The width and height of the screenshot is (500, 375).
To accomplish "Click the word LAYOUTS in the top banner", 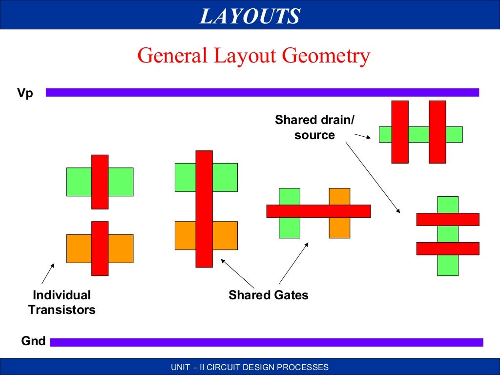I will [x=250, y=17].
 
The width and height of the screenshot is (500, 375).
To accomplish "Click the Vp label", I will [x=25, y=93].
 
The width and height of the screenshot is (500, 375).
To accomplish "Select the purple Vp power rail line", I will [x=262, y=92].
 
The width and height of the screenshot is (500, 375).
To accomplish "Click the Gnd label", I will [x=33, y=341].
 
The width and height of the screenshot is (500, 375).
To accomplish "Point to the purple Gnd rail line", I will [x=266, y=342].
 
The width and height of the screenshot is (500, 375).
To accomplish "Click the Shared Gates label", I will [x=268, y=295].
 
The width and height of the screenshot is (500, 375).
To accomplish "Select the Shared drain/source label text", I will [x=314, y=127].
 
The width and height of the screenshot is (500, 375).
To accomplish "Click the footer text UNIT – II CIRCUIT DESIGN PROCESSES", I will [x=250, y=367].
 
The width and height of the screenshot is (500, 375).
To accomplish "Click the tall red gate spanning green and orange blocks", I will [x=204, y=208].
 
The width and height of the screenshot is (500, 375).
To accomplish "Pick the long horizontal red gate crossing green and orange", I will [x=318, y=211].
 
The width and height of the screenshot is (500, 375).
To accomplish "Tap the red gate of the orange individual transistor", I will [x=100, y=248].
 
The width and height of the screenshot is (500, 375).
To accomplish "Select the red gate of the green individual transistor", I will [x=100, y=182].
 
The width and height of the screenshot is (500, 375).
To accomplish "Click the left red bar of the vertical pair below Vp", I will [x=399, y=131].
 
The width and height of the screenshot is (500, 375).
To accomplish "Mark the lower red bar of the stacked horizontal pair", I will [x=447, y=249].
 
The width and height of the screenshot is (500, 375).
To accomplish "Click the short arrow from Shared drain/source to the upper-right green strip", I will [x=364, y=137].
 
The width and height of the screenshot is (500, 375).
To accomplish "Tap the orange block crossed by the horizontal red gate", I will [x=339, y=195].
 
